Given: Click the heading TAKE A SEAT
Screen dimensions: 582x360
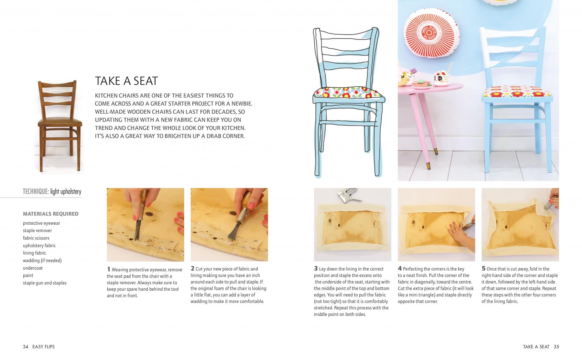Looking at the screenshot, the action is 126,81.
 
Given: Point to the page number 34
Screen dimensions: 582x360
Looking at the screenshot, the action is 26,347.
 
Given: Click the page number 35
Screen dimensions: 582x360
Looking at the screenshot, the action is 556,347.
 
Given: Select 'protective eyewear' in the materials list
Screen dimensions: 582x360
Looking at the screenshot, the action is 41,223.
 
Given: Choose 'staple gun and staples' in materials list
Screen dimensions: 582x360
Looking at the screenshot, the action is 45,283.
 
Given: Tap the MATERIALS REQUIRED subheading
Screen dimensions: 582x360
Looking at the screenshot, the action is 51,214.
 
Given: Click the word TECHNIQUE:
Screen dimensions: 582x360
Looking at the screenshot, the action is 36,192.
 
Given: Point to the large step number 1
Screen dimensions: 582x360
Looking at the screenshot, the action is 109,269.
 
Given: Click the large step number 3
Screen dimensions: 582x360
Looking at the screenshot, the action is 316,268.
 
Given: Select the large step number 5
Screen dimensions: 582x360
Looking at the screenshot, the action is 483,268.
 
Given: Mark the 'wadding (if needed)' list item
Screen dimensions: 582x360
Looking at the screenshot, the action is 42,260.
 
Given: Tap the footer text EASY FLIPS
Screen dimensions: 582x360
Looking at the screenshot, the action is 43,347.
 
